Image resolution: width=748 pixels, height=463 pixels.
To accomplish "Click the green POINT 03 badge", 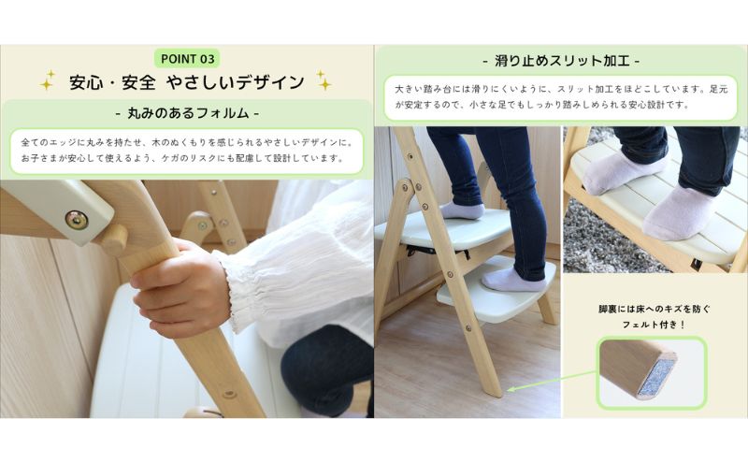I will [186, 58].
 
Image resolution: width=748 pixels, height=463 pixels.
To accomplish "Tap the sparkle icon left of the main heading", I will [47, 82].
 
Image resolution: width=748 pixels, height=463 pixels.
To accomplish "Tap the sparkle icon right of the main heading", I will [324, 81].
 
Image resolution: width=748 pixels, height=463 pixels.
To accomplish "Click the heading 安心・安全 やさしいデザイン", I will [186, 82].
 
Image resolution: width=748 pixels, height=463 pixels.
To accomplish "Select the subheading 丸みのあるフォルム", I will [186, 114].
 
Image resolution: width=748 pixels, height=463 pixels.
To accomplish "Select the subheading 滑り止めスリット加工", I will [561, 61].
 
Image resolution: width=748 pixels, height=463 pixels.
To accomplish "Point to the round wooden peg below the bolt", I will [113, 239].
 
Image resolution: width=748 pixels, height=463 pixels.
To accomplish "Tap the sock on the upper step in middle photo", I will [462, 210].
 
